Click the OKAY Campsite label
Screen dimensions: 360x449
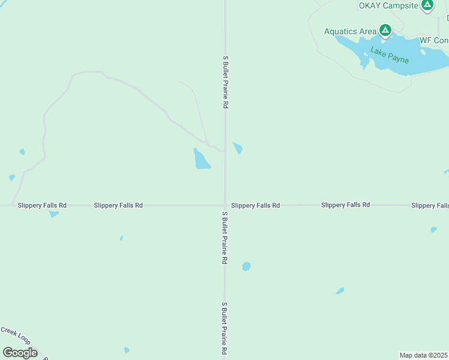[388, 5]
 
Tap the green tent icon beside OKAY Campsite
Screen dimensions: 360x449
[427, 5]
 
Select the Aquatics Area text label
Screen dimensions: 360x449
[350, 31]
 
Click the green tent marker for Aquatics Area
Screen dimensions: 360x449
[385, 30]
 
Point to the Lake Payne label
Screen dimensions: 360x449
[390, 55]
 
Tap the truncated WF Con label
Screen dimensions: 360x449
[433, 40]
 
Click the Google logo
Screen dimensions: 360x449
[20, 352]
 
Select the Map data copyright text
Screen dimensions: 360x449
[424, 355]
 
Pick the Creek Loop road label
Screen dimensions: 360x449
[15, 334]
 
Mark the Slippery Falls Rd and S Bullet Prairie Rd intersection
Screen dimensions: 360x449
[225, 205]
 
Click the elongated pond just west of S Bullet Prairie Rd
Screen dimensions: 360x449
[201, 159]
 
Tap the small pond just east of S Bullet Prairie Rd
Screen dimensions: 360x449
[238, 148]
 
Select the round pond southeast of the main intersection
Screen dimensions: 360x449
[246, 266]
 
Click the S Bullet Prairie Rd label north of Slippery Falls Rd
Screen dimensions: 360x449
[226, 82]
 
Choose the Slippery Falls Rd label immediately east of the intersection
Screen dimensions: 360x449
[255, 205]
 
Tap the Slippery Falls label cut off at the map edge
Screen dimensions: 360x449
[430, 205]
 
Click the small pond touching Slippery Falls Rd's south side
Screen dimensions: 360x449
[53, 213]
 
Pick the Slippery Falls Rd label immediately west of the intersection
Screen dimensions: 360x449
[118, 205]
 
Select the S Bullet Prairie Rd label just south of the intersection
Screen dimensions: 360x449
[225, 238]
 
